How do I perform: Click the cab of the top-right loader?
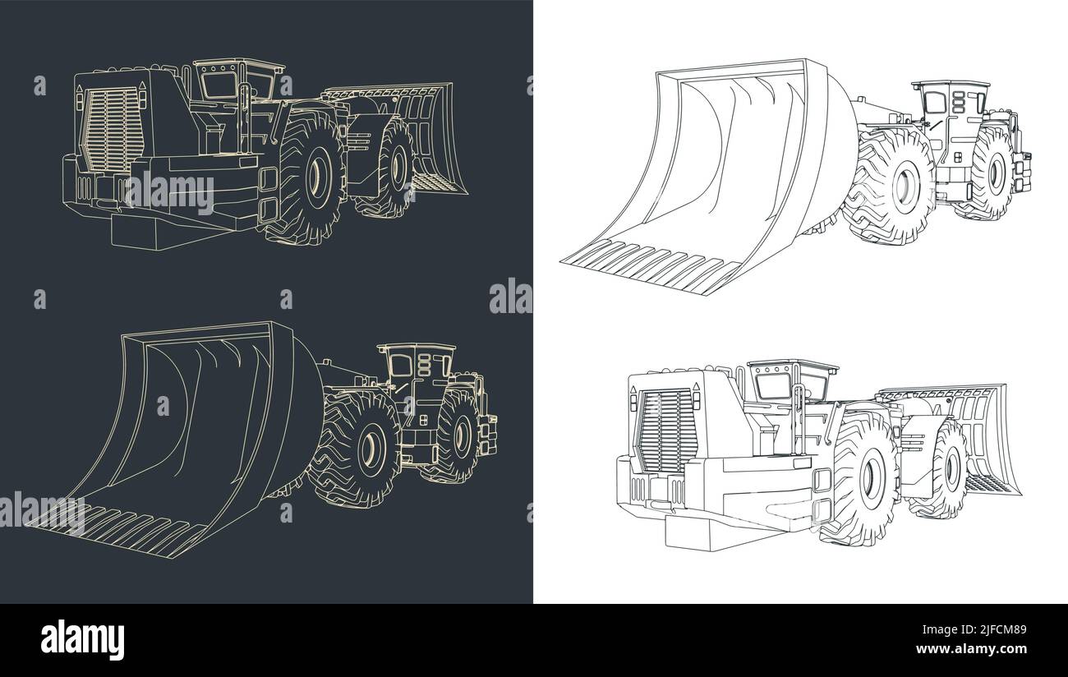tap(941, 107)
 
